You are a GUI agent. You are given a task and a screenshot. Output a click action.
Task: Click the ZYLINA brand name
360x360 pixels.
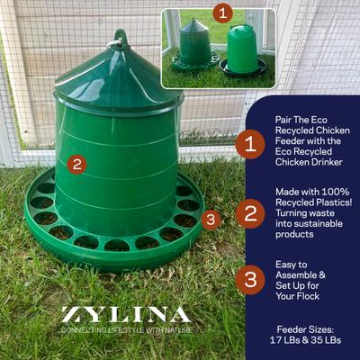(125, 315)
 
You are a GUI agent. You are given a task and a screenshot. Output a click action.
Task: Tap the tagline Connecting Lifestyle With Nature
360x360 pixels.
(125, 330)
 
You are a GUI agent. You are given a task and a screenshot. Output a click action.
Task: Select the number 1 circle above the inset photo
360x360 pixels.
(222, 13)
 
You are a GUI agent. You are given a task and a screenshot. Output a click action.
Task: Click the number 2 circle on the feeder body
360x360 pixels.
(77, 165)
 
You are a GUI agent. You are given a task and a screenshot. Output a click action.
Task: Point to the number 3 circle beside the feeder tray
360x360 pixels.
(211, 219)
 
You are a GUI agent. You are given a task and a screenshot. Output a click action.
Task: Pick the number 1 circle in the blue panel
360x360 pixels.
(249, 143)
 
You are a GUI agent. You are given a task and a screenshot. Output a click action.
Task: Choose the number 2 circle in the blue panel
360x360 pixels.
(249, 213)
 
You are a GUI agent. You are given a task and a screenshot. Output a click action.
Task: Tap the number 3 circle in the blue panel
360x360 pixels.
(249, 278)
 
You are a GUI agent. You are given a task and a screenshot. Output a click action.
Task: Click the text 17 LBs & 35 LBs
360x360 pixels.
(312, 342)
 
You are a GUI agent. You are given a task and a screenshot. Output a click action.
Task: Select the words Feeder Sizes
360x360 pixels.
(312, 330)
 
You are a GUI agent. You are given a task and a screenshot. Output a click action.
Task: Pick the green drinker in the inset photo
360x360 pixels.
(241, 49)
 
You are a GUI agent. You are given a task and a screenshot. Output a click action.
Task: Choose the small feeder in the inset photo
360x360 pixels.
(193, 45)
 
